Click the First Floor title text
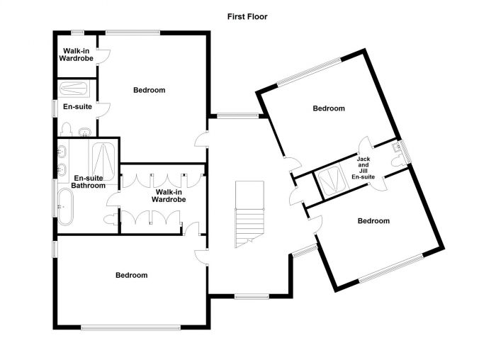247,16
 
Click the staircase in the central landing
249,213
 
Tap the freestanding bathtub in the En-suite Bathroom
64,206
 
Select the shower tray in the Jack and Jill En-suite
329,183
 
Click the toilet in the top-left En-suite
67,129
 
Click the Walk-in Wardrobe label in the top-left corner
76,55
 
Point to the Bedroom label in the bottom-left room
131,275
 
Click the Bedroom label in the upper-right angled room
329,108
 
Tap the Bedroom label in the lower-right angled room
373,221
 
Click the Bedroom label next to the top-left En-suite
150,90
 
